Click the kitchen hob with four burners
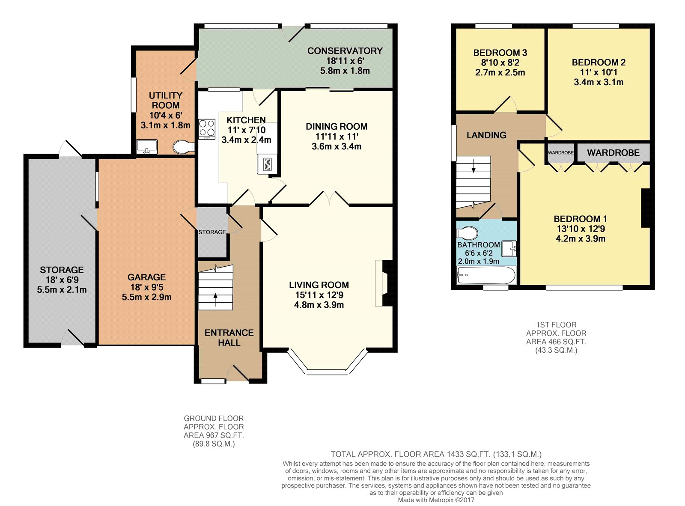pyautogui.click(x=207, y=129)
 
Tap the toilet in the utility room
pyautogui.click(x=184, y=147)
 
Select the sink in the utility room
pyautogui.click(x=147, y=147)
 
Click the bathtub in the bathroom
pyautogui.click(x=486, y=275)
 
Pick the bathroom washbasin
pyautogui.click(x=509, y=249)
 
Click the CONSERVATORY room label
pyautogui.click(x=345, y=51)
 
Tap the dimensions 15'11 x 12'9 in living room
pyautogui.click(x=319, y=295)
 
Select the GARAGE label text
pyautogui.click(x=146, y=277)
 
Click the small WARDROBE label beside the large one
pyautogui.click(x=560, y=153)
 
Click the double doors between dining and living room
pyautogui.click(x=329, y=199)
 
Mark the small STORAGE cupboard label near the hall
pyautogui.click(x=212, y=232)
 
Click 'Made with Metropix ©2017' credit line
pyautogui.click(x=436, y=500)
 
